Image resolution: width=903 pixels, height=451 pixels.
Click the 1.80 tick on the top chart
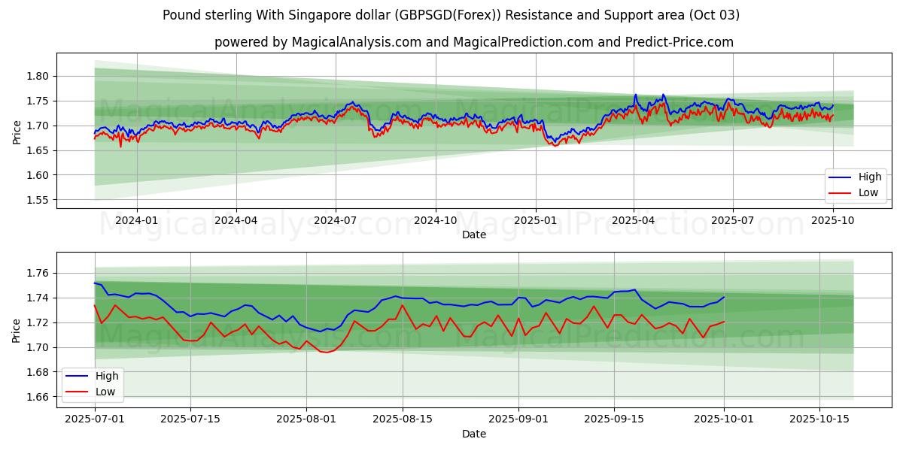(x=38, y=76)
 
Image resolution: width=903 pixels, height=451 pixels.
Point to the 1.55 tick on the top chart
(x=38, y=200)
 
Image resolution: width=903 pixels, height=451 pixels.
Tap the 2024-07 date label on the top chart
(x=335, y=219)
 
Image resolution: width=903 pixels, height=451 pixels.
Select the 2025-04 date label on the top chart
(x=634, y=219)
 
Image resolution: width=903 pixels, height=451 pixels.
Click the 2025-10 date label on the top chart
(x=833, y=219)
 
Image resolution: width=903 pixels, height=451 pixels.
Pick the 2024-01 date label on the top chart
(x=137, y=219)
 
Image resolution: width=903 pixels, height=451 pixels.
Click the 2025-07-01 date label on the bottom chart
(x=95, y=419)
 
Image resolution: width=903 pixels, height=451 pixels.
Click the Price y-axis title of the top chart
(x=17, y=132)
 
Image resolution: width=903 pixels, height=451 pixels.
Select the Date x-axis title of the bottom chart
(x=474, y=434)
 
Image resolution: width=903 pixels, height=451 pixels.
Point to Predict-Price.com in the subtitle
(x=680, y=42)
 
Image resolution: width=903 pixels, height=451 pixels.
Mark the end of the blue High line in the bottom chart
(x=724, y=297)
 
